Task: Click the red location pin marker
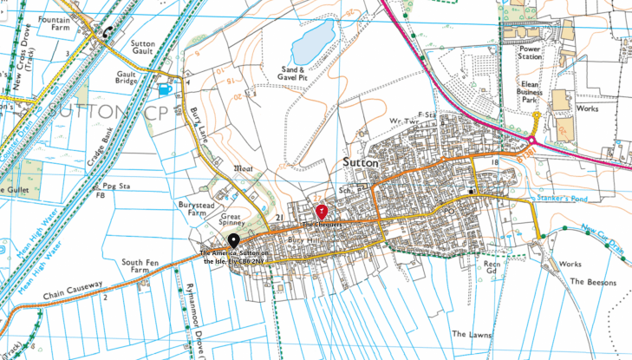click(322, 211)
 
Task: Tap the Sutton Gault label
click(142, 47)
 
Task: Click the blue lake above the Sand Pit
click(313, 40)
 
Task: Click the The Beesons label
click(593, 282)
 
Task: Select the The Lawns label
click(472, 333)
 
